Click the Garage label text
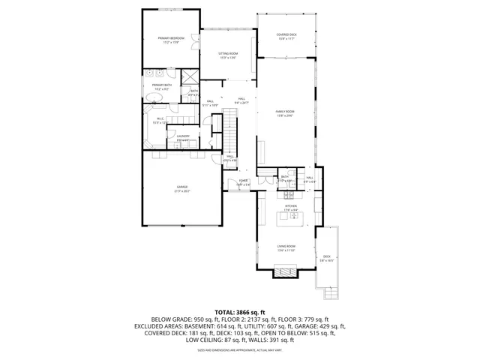click(x=182, y=188)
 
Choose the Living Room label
click(x=286, y=248)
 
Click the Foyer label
click(x=243, y=182)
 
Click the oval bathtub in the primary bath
click(x=159, y=74)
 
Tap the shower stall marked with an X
click(x=190, y=75)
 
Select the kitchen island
click(x=290, y=218)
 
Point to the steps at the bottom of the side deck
click(x=327, y=287)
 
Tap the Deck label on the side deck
click(x=327, y=258)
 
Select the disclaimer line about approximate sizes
click(x=240, y=350)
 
